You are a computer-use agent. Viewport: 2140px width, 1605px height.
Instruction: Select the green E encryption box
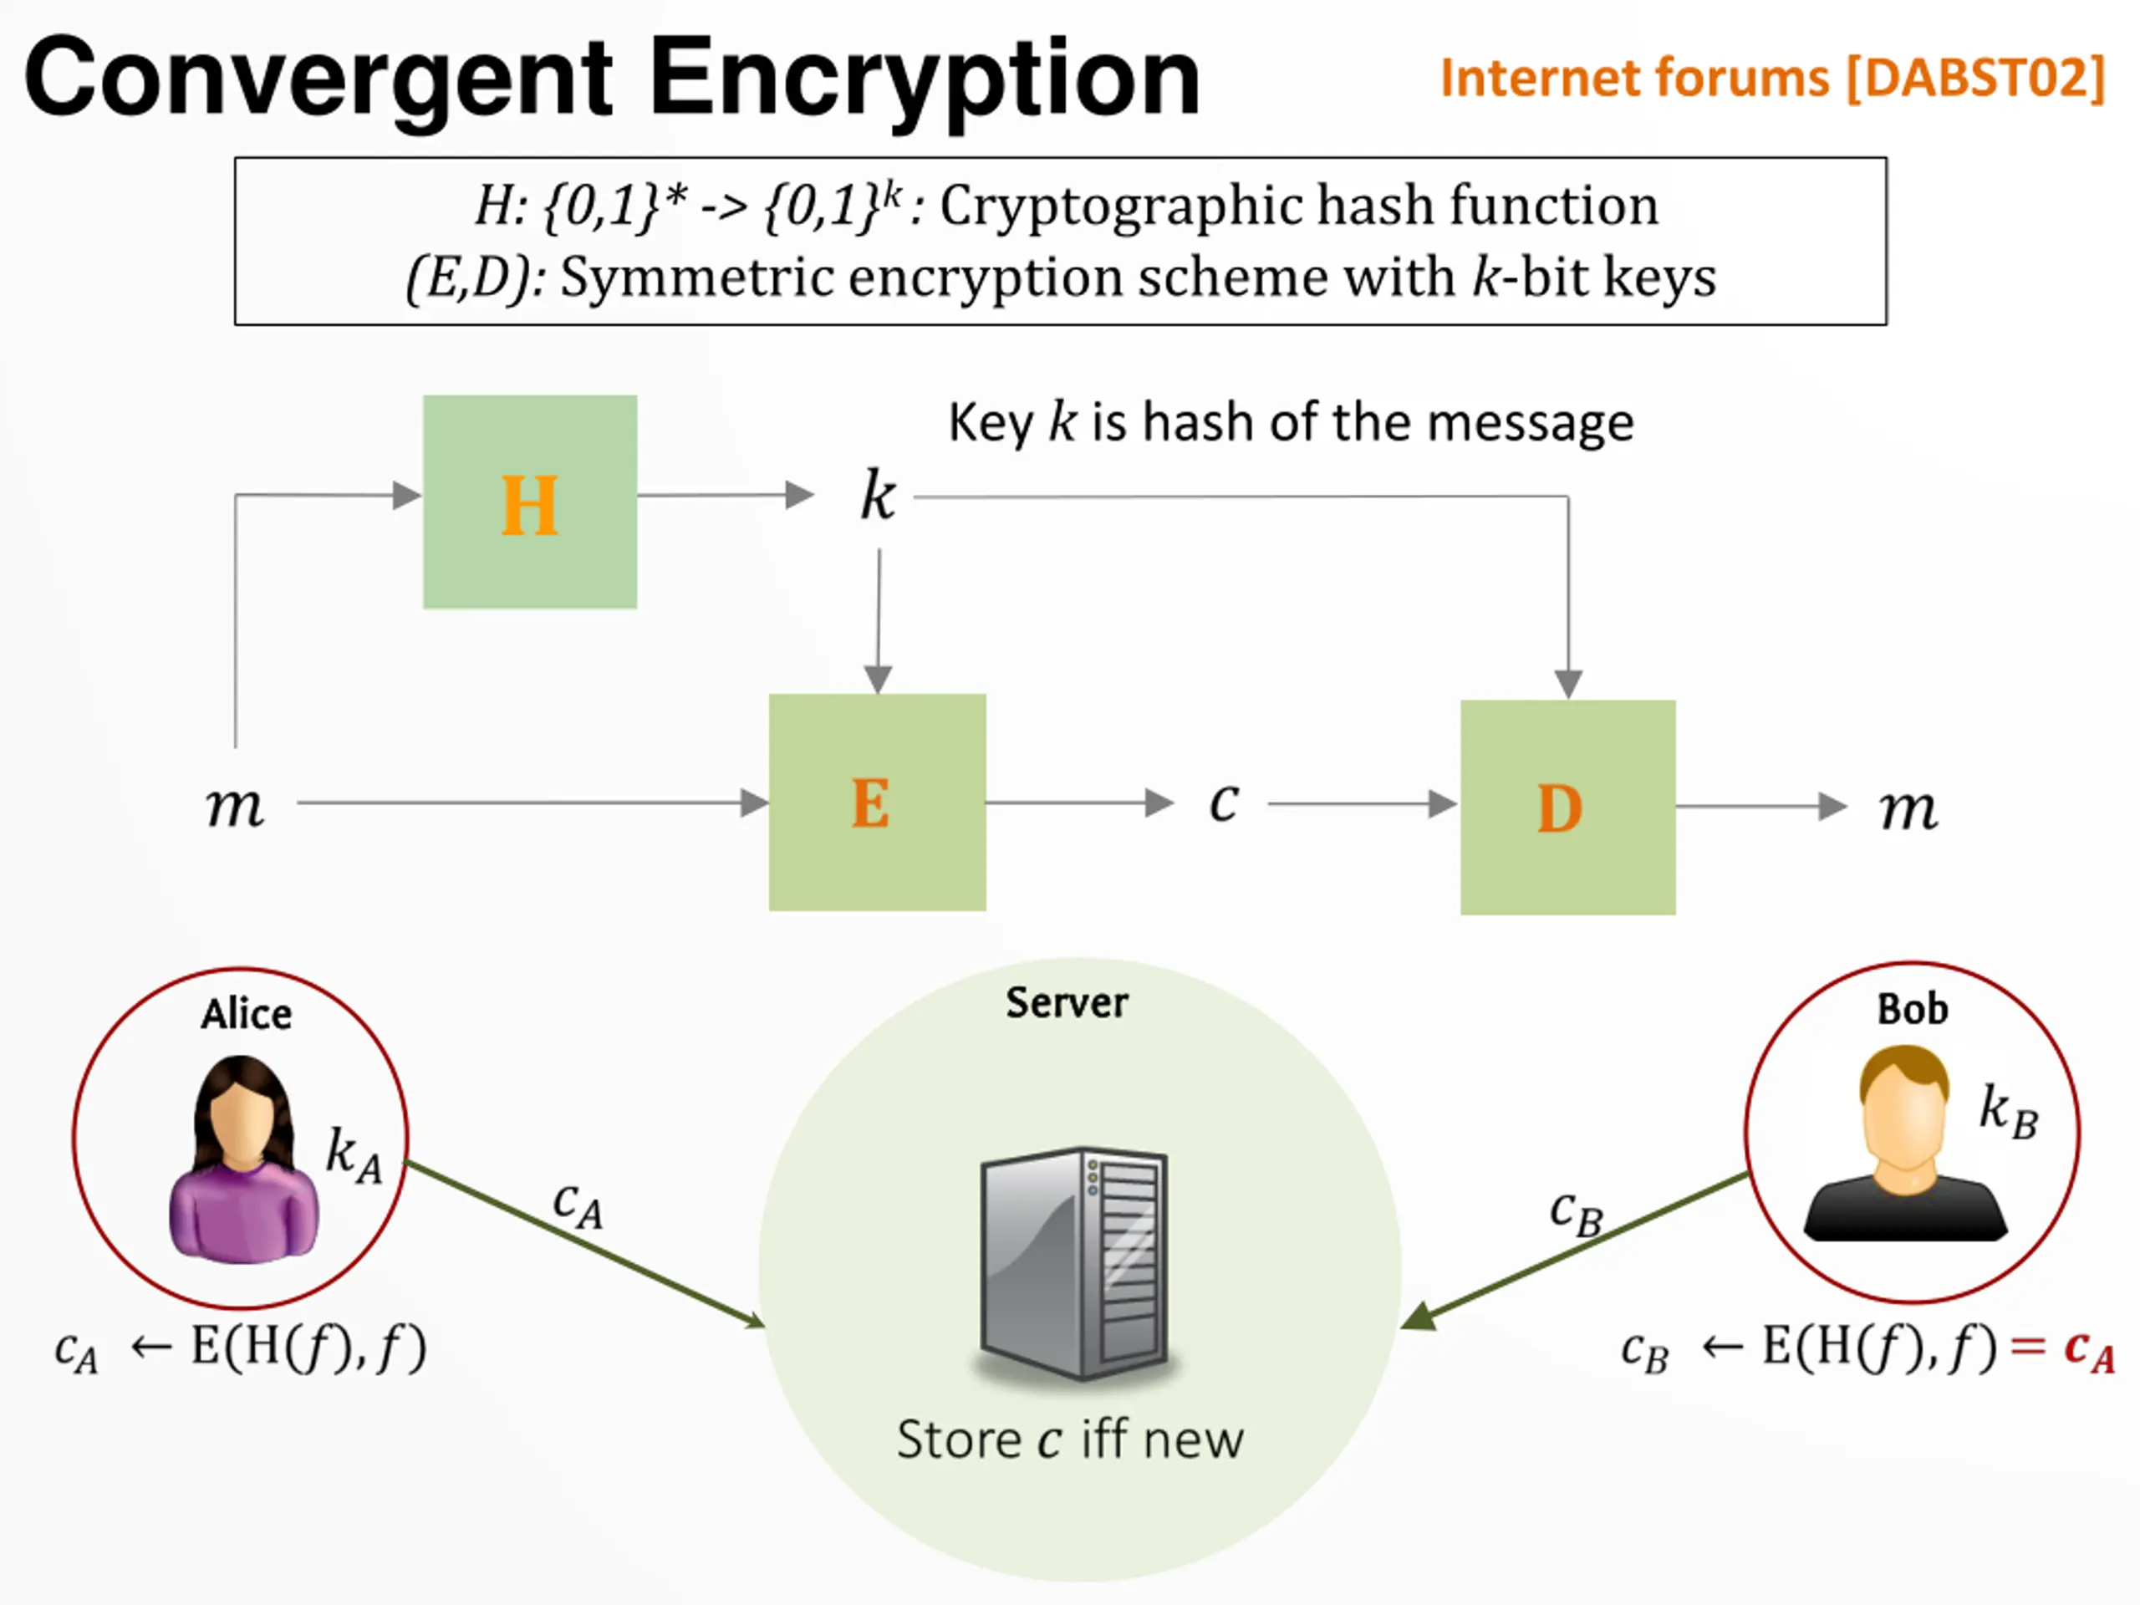878,802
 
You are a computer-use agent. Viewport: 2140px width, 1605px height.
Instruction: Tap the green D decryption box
1568,807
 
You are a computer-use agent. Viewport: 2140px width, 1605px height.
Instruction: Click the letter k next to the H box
879,496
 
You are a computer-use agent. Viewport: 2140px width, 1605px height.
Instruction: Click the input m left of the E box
234,806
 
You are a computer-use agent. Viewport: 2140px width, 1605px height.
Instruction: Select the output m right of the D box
1908,809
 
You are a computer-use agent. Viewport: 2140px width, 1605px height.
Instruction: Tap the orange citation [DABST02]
1975,78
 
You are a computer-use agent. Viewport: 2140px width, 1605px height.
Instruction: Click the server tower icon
1075,1263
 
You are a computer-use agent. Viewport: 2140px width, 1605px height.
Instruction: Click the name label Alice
247,1014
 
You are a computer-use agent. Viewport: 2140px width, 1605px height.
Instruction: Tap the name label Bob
1913,1009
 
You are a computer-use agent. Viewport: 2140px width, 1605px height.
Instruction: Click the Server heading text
1067,1002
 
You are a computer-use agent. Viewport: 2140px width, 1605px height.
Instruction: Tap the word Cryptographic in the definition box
1120,206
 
